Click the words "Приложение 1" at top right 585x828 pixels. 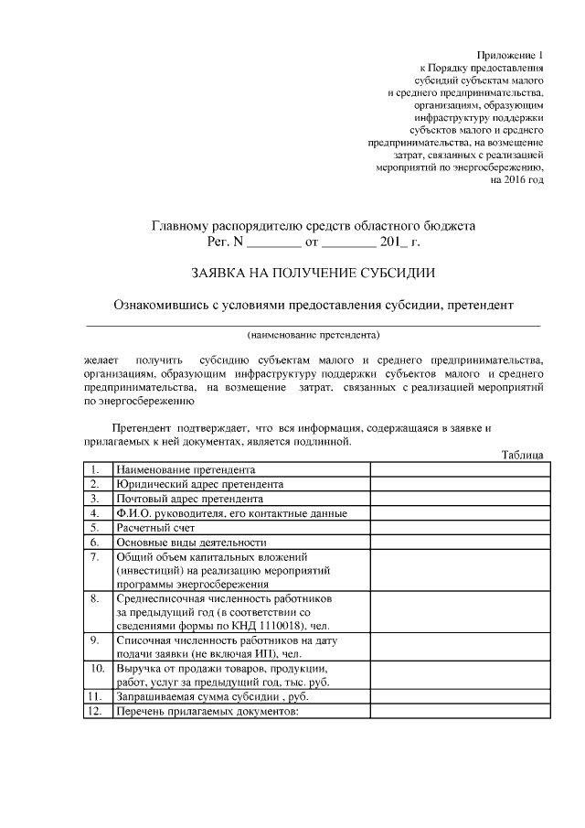pos(513,56)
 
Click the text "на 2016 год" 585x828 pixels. pos(516,180)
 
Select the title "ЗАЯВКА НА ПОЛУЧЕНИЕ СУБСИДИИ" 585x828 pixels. pos(313,273)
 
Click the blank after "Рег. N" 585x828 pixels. pos(274,243)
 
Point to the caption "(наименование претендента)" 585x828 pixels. pos(313,333)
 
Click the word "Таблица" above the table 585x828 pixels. pos(523,455)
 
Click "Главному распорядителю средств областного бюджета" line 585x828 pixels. pos(313,226)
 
